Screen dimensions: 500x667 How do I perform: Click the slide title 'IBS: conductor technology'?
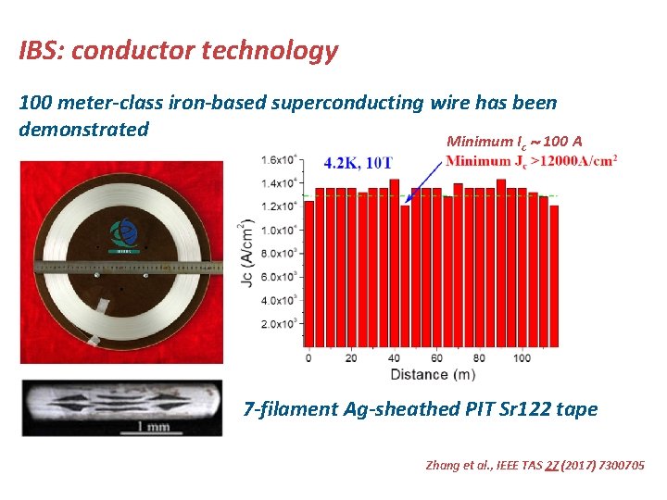(x=179, y=51)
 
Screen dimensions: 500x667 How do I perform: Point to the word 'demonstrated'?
(x=84, y=129)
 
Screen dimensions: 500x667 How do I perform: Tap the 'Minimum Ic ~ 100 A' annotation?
(x=514, y=142)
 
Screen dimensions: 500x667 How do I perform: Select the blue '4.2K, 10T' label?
(x=359, y=163)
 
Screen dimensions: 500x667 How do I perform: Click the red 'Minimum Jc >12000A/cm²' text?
(x=531, y=161)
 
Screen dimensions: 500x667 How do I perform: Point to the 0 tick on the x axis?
(x=308, y=358)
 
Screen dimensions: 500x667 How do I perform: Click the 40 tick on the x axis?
(x=394, y=358)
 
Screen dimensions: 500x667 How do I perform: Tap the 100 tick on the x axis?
(x=522, y=358)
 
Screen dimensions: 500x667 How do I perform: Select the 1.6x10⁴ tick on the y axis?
(x=279, y=159)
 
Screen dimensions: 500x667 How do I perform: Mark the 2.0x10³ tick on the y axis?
(x=279, y=324)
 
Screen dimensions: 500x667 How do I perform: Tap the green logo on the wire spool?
(x=122, y=233)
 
